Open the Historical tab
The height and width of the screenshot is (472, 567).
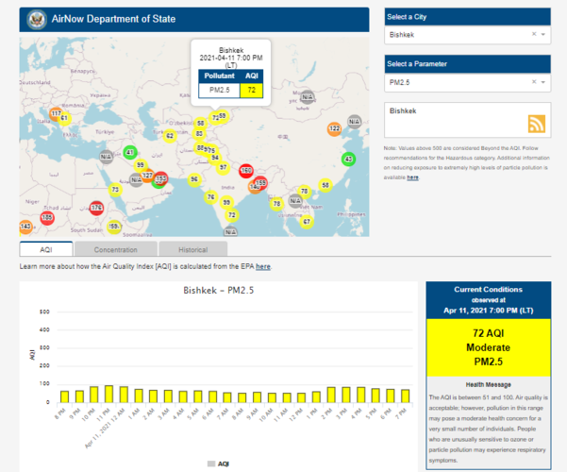pyautogui.click(x=192, y=249)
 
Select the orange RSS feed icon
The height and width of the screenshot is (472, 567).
pyautogui.click(x=537, y=125)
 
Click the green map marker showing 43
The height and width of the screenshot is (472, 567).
pyautogui.click(x=348, y=160)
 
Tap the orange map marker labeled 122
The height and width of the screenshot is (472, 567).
pyautogui.click(x=334, y=128)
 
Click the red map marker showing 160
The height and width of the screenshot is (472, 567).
pyautogui.click(x=246, y=171)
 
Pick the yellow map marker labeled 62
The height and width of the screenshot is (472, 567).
pyautogui.click(x=170, y=136)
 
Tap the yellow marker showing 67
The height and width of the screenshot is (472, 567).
pyautogui.click(x=306, y=222)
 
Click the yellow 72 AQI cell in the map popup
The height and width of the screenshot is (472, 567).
pyautogui.click(x=251, y=91)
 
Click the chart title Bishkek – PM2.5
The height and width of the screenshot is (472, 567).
pyautogui.click(x=218, y=290)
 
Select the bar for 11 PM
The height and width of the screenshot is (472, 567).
pyautogui.click(x=109, y=393)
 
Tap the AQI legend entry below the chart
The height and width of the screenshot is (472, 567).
pyautogui.click(x=217, y=464)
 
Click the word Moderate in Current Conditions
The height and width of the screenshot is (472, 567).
pyautogui.click(x=488, y=348)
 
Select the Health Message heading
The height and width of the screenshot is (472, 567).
pyautogui.click(x=488, y=384)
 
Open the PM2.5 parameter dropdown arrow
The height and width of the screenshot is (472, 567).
pyautogui.click(x=543, y=83)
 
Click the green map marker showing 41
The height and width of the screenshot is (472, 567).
pyautogui.click(x=130, y=153)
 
